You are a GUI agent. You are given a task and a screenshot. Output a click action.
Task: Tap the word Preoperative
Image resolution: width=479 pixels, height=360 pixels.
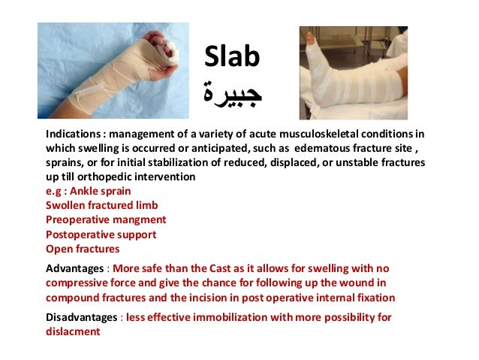[80, 219]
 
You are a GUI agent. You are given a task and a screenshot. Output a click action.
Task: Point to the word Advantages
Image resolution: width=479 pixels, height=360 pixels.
[74, 268]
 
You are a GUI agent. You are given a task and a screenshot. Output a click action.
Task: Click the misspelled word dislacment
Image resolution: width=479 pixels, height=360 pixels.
[73, 331]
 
